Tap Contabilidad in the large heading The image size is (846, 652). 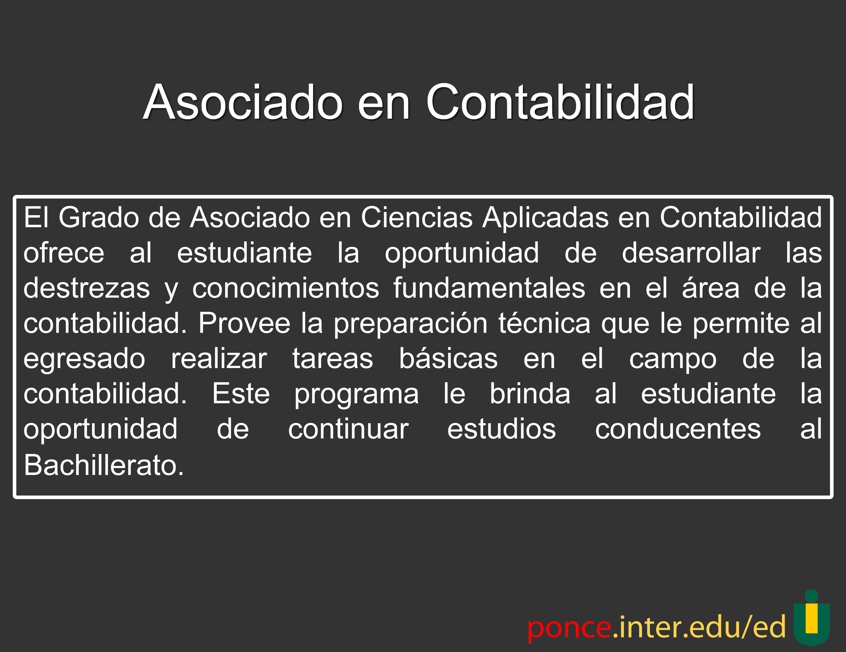pos(560,102)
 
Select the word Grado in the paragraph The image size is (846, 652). pos(99,217)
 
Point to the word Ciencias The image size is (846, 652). pos(417,217)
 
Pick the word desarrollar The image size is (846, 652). pos(691,253)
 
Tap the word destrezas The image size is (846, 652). pos(87,288)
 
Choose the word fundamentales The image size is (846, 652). pos(489,288)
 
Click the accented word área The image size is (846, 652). pos(711,288)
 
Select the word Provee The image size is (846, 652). pos(244,323)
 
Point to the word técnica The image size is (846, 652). pos(544,323)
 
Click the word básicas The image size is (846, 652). pos(448,358)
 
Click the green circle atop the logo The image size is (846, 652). pos(811,596)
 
